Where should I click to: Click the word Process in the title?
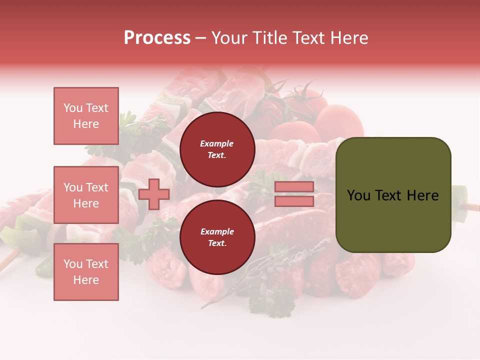(157, 38)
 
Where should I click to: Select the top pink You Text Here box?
(86, 116)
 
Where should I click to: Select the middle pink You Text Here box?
(86, 195)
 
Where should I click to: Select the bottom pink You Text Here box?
(86, 272)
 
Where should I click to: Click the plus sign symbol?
(154, 194)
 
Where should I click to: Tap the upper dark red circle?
(217, 149)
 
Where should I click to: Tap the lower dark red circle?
(217, 237)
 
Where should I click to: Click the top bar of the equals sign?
(294, 187)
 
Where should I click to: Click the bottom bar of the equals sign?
(294, 201)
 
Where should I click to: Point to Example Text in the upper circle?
(217, 149)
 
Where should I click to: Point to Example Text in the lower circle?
(217, 237)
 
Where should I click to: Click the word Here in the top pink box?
(86, 124)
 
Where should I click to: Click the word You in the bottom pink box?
(73, 264)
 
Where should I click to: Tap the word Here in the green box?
(422, 195)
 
